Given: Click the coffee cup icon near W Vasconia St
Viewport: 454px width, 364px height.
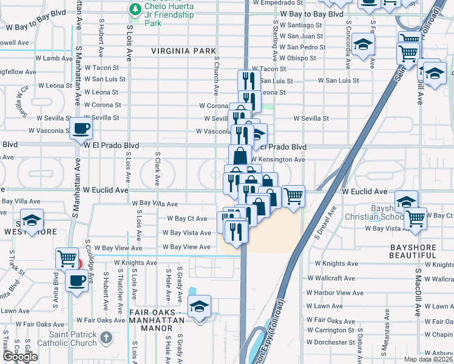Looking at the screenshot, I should click(81, 129).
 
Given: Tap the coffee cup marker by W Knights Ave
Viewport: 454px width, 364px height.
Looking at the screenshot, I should click(77, 281).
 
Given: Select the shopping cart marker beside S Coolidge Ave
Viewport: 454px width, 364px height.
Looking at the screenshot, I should click(66, 258).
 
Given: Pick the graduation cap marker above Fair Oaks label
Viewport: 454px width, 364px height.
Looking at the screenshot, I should click(198, 308).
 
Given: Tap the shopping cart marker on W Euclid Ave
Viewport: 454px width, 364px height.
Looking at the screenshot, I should click(294, 196).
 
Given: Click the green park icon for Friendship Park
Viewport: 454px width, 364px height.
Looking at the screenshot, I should click(134, 9).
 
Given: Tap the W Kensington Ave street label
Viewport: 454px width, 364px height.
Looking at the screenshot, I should click(277, 160).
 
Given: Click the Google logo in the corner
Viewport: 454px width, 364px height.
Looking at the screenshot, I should click(19, 357).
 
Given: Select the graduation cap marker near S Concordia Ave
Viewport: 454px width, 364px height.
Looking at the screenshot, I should click(363, 45).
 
